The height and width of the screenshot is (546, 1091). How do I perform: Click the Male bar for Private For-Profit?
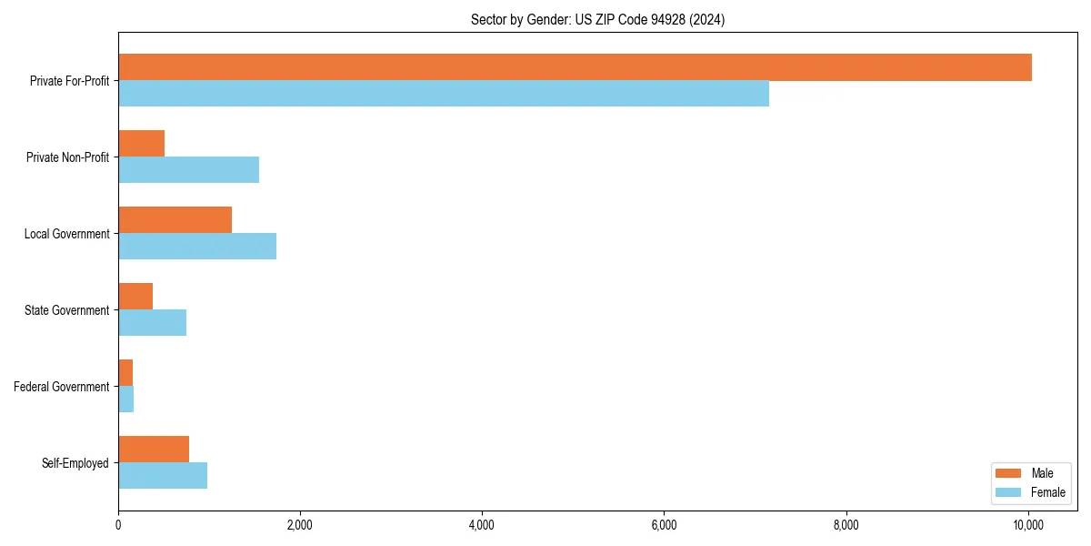coord(575,67)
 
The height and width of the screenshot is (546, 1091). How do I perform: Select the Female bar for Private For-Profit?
coord(444,94)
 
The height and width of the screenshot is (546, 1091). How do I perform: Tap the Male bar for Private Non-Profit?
coord(142,144)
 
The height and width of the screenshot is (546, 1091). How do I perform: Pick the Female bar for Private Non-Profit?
coord(189,170)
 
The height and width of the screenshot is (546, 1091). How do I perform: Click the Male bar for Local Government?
coord(175,220)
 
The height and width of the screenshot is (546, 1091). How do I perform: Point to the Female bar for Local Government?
coord(197,247)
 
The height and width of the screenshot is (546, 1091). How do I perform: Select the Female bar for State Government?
coord(153,323)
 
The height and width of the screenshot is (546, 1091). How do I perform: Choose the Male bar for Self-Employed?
coord(154,450)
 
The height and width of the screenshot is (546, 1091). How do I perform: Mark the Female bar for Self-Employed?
coord(163,476)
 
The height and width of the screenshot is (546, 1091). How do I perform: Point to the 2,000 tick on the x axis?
coord(300,525)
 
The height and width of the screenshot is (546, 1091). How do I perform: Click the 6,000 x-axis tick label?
coord(664,525)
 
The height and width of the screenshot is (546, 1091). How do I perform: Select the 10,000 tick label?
coord(1028,525)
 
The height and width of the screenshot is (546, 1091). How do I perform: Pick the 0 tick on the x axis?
coord(118,525)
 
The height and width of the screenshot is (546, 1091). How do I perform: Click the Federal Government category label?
coord(62,388)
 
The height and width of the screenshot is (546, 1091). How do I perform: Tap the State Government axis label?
coord(67,311)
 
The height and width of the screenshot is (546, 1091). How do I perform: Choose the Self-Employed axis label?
coord(75,464)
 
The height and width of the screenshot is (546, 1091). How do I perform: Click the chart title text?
coord(597,19)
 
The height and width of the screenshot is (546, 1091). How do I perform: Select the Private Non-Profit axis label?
coord(68,158)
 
